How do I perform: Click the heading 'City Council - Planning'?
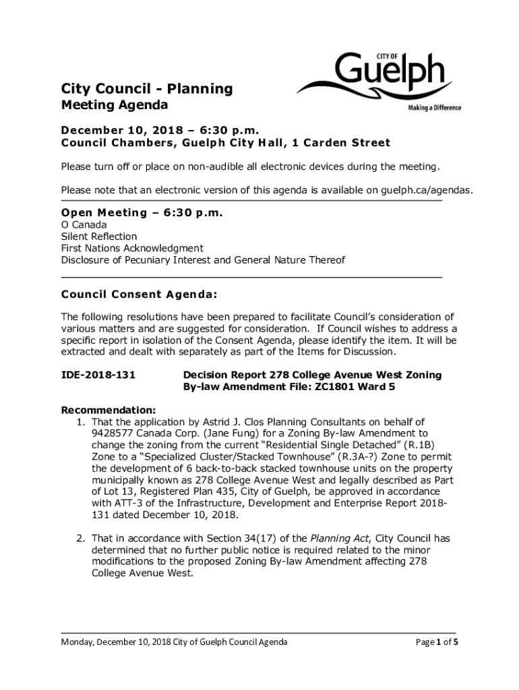pos(147,89)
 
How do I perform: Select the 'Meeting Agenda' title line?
pos(115,105)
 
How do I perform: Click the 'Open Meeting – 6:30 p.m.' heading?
pos(142,213)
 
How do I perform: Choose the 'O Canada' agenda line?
pos(84,224)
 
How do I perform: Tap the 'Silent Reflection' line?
pos(98,237)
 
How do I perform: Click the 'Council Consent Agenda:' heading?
pos(140,294)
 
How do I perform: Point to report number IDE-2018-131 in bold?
pos(98,375)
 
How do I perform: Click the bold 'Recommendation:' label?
pos(109,410)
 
